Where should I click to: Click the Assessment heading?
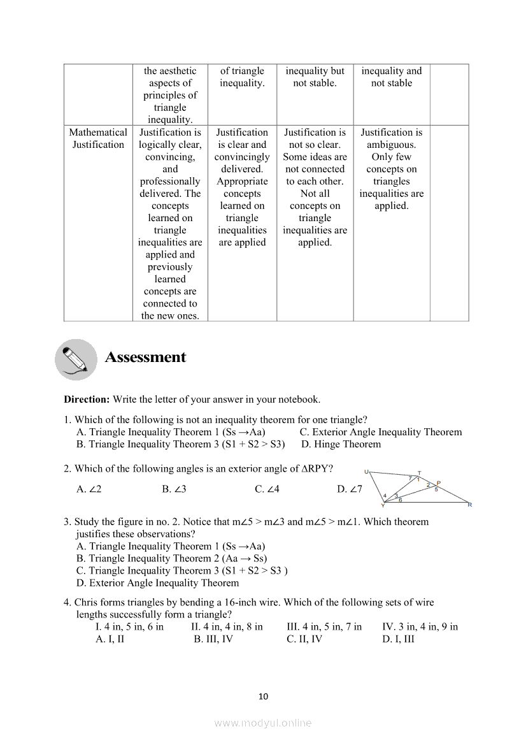pyautogui.click(x=145, y=358)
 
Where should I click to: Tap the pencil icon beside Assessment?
pyautogui.click(x=76, y=359)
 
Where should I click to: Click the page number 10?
pyautogui.click(x=264, y=697)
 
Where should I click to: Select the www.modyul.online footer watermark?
pyautogui.click(x=263, y=723)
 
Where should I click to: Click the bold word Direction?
pyautogui.click(x=87, y=400)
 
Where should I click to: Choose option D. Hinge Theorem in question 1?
pyautogui.click(x=341, y=444)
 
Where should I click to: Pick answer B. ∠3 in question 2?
pyautogui.click(x=174, y=489)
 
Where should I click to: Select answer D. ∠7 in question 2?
pyautogui.click(x=349, y=489)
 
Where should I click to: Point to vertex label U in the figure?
pyautogui.click(x=367, y=472)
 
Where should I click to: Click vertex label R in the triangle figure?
pyautogui.click(x=469, y=505)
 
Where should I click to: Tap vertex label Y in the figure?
pyautogui.click(x=382, y=506)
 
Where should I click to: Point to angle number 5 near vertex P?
pyautogui.click(x=436, y=489)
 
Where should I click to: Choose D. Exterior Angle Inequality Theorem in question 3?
pyautogui.click(x=157, y=583)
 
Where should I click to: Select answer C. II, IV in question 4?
pyautogui.click(x=304, y=639)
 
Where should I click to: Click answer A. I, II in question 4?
pyautogui.click(x=110, y=639)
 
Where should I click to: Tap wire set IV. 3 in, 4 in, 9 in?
pyautogui.click(x=420, y=627)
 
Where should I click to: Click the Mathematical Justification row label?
pyautogui.click(x=98, y=138)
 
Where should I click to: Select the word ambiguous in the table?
pyautogui.click(x=391, y=145)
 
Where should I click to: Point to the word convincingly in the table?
pyautogui.click(x=242, y=157)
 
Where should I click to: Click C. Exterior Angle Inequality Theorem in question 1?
pyautogui.click(x=380, y=432)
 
